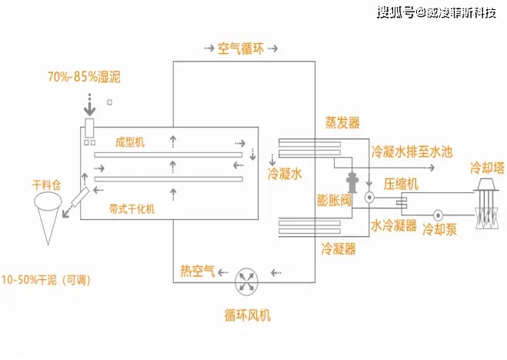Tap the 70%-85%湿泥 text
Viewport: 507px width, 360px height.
pyautogui.click(x=84, y=78)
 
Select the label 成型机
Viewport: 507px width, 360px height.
pyautogui.click(x=129, y=142)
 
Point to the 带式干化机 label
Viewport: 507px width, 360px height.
pyautogui.click(x=132, y=209)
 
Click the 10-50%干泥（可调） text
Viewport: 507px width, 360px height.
pyautogui.click(x=47, y=280)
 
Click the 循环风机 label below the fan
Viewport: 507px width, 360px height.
pyautogui.click(x=248, y=315)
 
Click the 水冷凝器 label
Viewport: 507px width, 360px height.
pyautogui.click(x=393, y=226)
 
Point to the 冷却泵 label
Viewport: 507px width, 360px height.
pyautogui.click(x=440, y=229)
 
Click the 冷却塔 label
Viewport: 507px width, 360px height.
pyautogui.click(x=486, y=167)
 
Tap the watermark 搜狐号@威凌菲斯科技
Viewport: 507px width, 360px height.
pyautogui.click(x=435, y=12)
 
